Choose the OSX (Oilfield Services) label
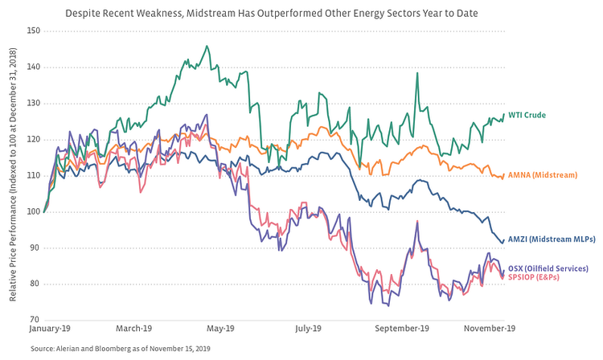(x=548, y=268)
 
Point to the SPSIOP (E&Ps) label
(x=536, y=277)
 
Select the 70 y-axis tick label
(x=33, y=320)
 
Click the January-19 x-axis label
(x=50, y=329)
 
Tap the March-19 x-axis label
(x=134, y=329)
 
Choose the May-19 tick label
(x=219, y=329)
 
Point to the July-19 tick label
(x=309, y=329)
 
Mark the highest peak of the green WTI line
(x=207, y=47)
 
